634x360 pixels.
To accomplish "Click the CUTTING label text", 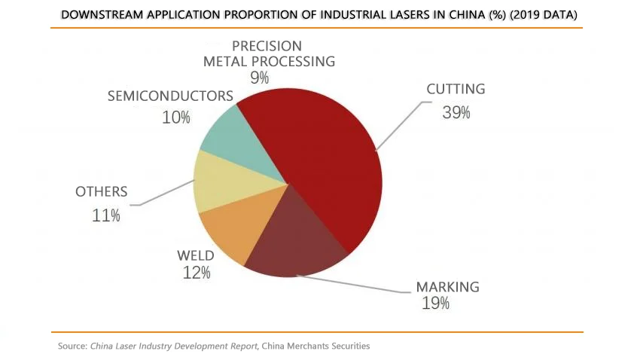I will tap(456, 89).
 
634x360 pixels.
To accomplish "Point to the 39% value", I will tap(456, 113).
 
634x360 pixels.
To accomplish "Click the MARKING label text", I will tap(447, 287).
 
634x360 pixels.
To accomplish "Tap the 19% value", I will tap(435, 304).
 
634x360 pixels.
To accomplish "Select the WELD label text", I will tap(196, 256).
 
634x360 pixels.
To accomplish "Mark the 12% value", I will tap(196, 273).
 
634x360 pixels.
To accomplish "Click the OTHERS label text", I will tap(102, 192).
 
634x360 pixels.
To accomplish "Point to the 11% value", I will tap(106, 215).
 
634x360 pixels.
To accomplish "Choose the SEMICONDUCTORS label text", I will tap(170, 96).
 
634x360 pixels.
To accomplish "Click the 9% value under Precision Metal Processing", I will tap(260, 77).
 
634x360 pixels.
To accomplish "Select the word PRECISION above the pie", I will tap(267, 46).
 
